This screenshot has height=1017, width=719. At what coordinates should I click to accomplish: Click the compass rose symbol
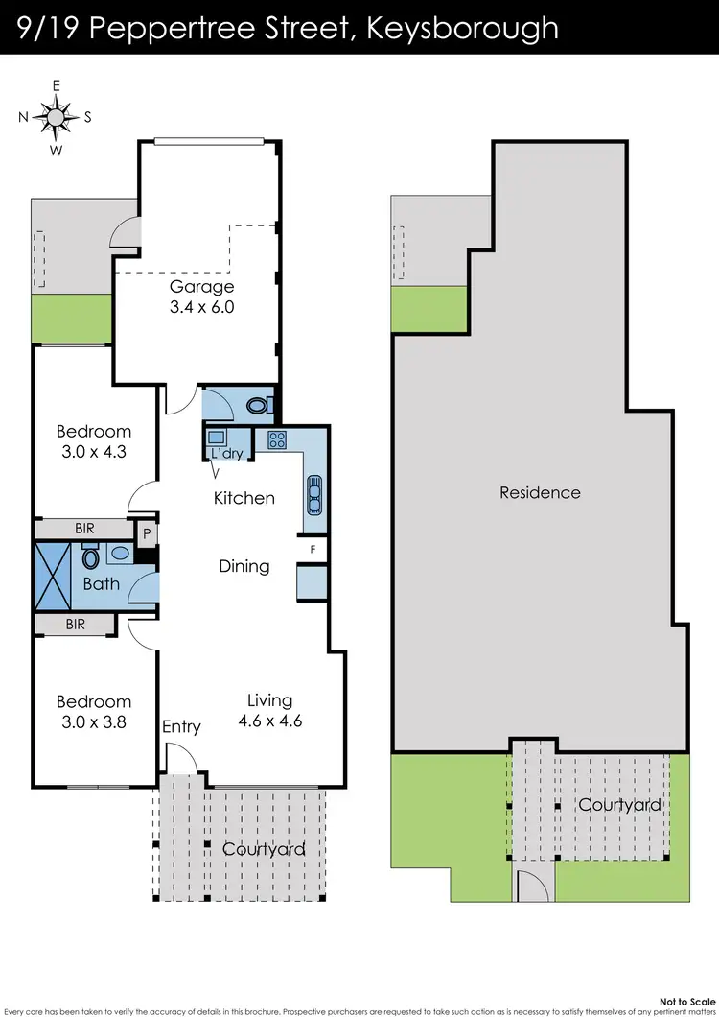pyautogui.click(x=56, y=118)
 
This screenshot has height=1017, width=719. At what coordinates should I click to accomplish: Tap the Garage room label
pyautogui.click(x=202, y=287)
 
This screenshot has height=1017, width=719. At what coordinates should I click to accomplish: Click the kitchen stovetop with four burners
pyautogui.click(x=278, y=440)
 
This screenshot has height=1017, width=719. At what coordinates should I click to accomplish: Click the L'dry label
pyautogui.click(x=226, y=454)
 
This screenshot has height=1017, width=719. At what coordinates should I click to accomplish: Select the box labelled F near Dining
pyautogui.click(x=313, y=549)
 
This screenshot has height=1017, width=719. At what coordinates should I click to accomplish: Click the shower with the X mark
pyautogui.click(x=53, y=576)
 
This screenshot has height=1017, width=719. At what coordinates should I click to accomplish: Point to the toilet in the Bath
pyautogui.click(x=92, y=558)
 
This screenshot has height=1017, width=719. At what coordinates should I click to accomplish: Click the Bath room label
pyautogui.click(x=101, y=583)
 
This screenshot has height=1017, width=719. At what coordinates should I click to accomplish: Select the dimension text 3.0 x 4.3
pyautogui.click(x=93, y=452)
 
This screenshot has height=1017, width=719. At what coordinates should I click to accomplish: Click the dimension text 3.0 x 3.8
pyautogui.click(x=93, y=721)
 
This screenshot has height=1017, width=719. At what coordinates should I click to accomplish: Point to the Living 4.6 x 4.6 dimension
pyautogui.click(x=269, y=721)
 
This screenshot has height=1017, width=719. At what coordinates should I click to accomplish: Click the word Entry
pyautogui.click(x=181, y=726)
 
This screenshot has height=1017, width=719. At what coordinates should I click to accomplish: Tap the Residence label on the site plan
pyautogui.click(x=540, y=492)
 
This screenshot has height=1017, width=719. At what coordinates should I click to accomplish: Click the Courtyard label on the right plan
pyautogui.click(x=619, y=804)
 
